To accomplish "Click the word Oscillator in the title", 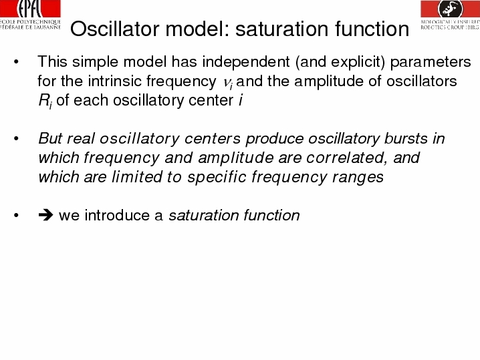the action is (x=115, y=29).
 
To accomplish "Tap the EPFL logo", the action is (x=30, y=15).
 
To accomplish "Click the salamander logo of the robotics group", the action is (x=451, y=9).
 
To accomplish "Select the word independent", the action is (x=246, y=61).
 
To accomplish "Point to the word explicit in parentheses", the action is (x=358, y=62).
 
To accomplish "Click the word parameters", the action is (x=431, y=62).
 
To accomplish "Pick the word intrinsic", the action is (x=115, y=81).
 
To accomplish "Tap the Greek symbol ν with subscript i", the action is (x=228, y=83).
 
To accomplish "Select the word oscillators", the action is (x=422, y=81).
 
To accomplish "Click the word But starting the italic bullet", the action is (x=50, y=138).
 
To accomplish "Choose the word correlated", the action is (x=346, y=158).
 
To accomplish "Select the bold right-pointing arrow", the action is (x=45, y=215).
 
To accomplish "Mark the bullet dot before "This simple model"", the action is (x=16, y=62).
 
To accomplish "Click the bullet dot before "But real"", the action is (x=16, y=138).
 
